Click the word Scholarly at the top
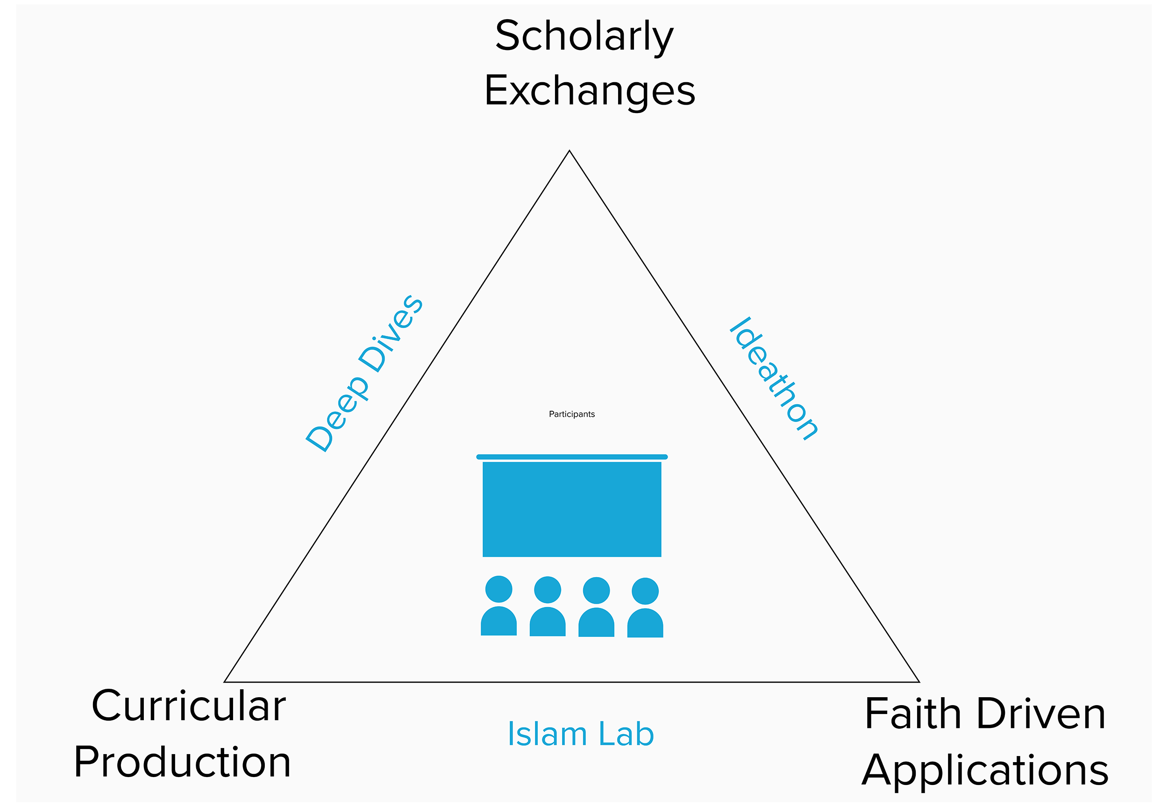pyautogui.click(x=584, y=36)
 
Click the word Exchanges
pyautogui.click(x=589, y=92)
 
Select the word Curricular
pyautogui.click(x=188, y=706)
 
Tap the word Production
pyautogui.click(x=182, y=762)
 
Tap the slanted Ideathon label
pyautogui.click(x=774, y=379)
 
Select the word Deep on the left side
pyautogui.click(x=337, y=414)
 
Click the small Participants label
pyautogui.click(x=572, y=414)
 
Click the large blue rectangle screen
pyautogui.click(x=572, y=509)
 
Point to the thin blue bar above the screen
pyautogui.click(x=572, y=457)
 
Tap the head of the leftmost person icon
pyautogui.click(x=499, y=589)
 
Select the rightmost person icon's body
pyautogui.click(x=645, y=624)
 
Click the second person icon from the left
pyautogui.click(x=548, y=606)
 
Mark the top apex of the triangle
pyautogui.click(x=569, y=151)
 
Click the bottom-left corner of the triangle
pyautogui.click(x=225, y=681)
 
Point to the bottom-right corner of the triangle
pyautogui.click(x=919, y=681)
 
